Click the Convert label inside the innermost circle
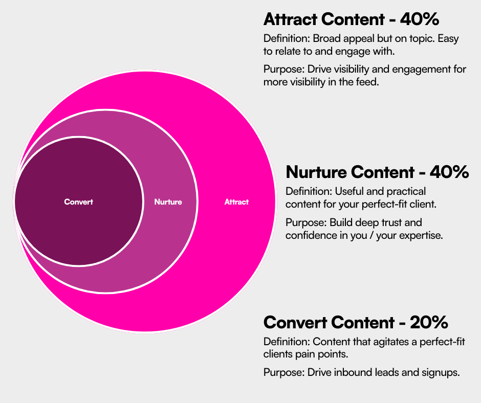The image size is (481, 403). (79, 202)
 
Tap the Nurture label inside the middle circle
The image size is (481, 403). (168, 202)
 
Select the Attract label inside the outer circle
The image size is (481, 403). (236, 202)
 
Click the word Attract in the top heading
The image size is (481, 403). (290, 19)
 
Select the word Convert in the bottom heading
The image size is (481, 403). (295, 323)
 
